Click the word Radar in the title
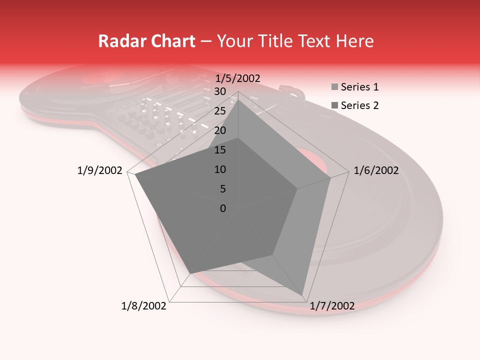pyautogui.click(x=118, y=41)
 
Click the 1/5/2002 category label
pyautogui.click(x=237, y=78)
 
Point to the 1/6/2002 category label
pyautogui.click(x=376, y=171)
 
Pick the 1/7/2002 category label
pyautogui.click(x=332, y=306)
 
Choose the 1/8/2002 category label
pyautogui.click(x=144, y=306)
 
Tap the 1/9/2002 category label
pyautogui.click(x=100, y=171)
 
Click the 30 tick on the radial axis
pyautogui.click(x=220, y=91)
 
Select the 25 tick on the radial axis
pyautogui.click(x=220, y=111)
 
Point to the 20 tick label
pyautogui.click(x=220, y=130)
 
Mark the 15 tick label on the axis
pyautogui.click(x=220, y=150)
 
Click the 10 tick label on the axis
pyautogui.click(x=220, y=169)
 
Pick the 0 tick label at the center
pyautogui.click(x=223, y=208)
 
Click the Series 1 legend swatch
pyautogui.click(x=334, y=87)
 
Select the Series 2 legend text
pyautogui.click(x=359, y=105)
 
